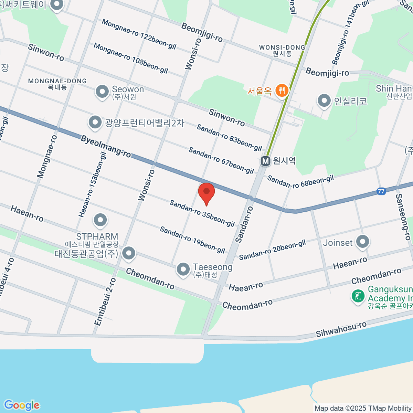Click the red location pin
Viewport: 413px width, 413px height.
coord(206,193)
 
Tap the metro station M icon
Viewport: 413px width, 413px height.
coord(265,161)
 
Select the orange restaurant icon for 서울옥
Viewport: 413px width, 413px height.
coord(282,91)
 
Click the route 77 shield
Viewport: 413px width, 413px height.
coord(381,191)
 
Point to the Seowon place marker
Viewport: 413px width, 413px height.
coord(102,92)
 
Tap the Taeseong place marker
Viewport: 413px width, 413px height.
coord(183,269)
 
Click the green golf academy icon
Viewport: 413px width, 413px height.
coord(358,296)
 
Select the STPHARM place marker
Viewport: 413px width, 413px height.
coord(100,220)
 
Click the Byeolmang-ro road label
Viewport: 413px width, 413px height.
coord(106,146)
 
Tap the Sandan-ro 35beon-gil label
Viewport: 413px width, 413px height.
coord(202,213)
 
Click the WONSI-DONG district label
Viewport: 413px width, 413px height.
coord(282,47)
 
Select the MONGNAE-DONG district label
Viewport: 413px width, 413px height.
coord(57,81)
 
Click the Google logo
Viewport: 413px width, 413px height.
coord(21,405)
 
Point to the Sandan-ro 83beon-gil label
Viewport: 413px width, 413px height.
coord(229,138)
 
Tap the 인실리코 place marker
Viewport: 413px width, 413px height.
coord(324,100)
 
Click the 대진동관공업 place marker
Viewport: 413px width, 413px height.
coord(129,253)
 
